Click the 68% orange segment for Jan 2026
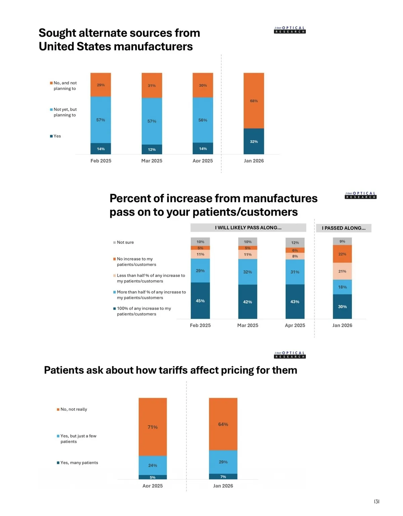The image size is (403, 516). tap(254, 101)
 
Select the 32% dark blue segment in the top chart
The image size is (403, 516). tap(254, 142)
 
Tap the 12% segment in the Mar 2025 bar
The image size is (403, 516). tap(152, 149)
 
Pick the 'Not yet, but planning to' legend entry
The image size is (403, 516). tap(65, 112)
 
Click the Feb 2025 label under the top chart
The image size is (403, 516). tap(101, 161)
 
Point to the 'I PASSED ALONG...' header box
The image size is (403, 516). tap(344, 228)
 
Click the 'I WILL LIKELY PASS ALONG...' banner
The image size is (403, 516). tap(248, 228)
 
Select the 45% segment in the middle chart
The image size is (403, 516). tap(200, 301)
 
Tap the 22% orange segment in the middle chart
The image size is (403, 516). tap(342, 254)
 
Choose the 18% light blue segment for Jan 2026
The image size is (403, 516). tap(342, 287)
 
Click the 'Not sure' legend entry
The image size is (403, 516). tap(125, 242)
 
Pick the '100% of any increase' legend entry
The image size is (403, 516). tap(143, 311)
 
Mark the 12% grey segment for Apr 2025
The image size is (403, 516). tap(295, 242)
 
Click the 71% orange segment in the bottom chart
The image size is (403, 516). tap(152, 427)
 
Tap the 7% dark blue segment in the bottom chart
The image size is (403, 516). tap(223, 477)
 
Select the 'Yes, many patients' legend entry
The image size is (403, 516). tap(79, 463)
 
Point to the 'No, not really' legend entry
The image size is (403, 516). tap(74, 409)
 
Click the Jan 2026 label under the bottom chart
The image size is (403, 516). tap(223, 486)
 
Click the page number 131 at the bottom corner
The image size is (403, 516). tap(376, 502)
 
